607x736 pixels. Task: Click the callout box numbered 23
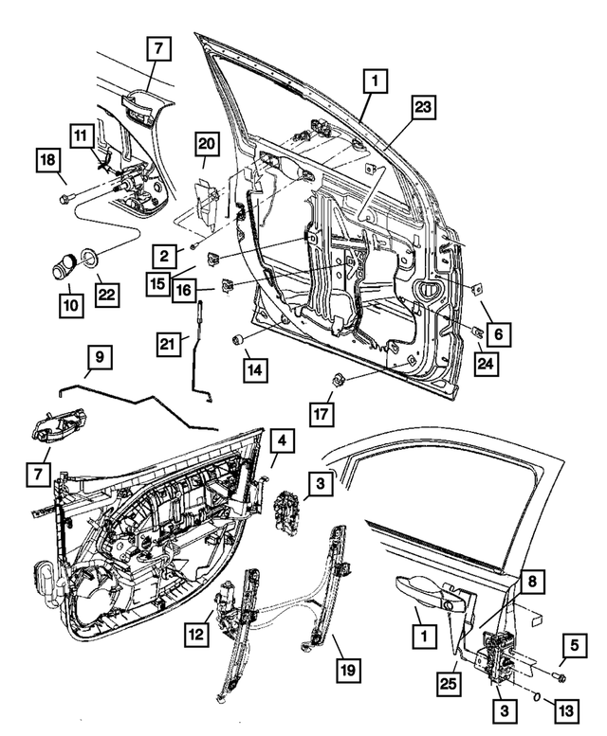421,109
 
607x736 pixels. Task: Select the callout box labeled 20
208,144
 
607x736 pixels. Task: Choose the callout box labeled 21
169,347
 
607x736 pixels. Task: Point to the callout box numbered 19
349,671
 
